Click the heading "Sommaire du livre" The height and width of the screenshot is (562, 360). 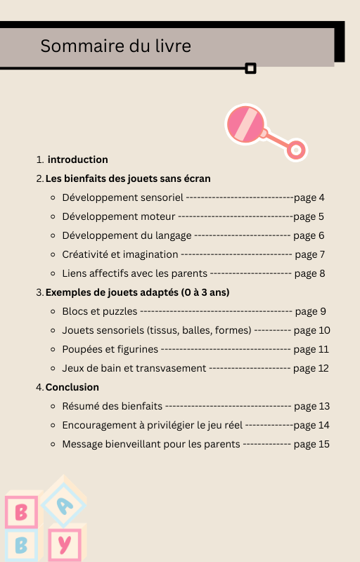pos(115,46)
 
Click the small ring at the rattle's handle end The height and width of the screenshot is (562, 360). pos(297,150)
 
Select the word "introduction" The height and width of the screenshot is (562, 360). pos(78,159)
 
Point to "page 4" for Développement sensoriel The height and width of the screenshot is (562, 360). pos(309,197)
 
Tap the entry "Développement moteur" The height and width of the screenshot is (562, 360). pos(119,216)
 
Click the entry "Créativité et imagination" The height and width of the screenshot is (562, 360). pos(120,254)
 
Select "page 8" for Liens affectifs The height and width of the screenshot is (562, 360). pos(309,273)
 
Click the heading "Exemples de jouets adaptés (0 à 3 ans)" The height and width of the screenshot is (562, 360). pos(138,292)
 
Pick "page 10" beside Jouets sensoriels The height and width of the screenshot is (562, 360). pos(311,330)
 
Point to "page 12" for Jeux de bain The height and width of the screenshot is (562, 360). pos(311,368)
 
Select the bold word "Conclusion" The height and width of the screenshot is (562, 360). pos(72,387)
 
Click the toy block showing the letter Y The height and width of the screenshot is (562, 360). pos(65,544)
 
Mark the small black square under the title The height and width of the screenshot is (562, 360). pos(250,68)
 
